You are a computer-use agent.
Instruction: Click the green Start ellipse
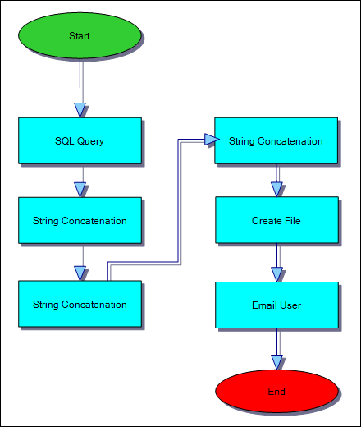pyautogui.click(x=80, y=36)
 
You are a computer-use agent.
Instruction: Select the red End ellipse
pyautogui.click(x=276, y=391)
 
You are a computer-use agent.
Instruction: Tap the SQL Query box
pyautogui.click(x=80, y=140)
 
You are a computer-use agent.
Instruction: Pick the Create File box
pyautogui.click(x=276, y=220)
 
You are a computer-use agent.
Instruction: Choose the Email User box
pyautogui.click(x=276, y=305)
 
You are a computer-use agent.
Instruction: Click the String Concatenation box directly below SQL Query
pyautogui.click(x=80, y=220)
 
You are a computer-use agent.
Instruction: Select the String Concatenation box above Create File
pyautogui.click(x=276, y=140)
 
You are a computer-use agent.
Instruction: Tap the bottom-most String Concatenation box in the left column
pyautogui.click(x=80, y=305)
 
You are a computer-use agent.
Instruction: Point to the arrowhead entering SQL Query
pyautogui.click(x=80, y=109)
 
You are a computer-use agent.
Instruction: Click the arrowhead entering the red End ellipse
pyautogui.click(x=276, y=361)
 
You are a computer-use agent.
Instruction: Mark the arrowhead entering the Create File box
pyautogui.click(x=276, y=189)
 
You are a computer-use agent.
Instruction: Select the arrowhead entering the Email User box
pyautogui.click(x=276, y=274)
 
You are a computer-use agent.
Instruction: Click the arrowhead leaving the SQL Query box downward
pyautogui.click(x=80, y=189)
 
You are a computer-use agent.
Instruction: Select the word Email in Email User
pyautogui.click(x=265, y=305)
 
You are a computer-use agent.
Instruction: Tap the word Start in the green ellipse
pyautogui.click(x=80, y=36)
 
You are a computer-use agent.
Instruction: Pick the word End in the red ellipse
pyautogui.click(x=276, y=391)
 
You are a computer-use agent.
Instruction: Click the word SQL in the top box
pyautogui.click(x=64, y=140)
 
